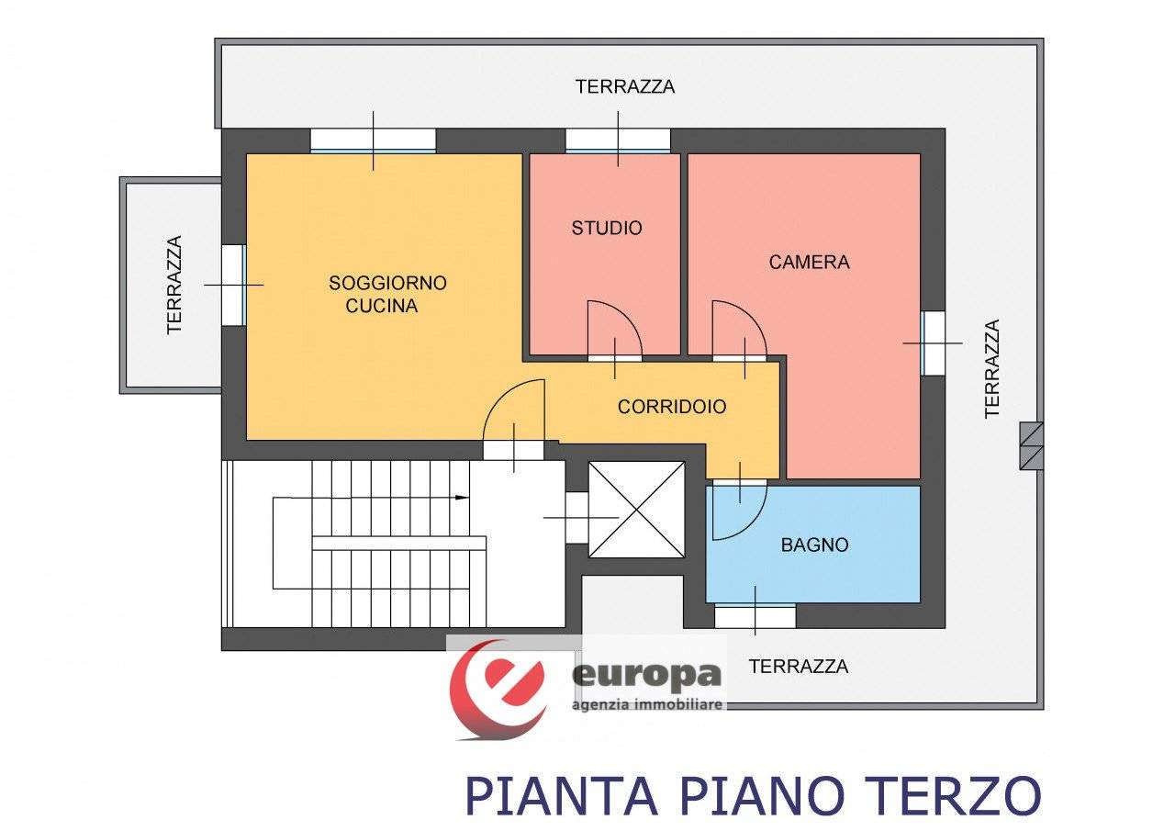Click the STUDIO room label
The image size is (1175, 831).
[x=607, y=228]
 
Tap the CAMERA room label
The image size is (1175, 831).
[x=809, y=262]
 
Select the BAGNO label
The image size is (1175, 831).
[x=814, y=545]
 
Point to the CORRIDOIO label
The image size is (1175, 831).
[x=672, y=406]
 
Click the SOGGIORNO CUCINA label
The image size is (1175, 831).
[x=387, y=294]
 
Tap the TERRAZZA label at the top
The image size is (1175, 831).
[x=625, y=86]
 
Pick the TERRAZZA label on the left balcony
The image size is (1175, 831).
[x=174, y=285]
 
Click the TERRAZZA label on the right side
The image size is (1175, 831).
[x=991, y=368]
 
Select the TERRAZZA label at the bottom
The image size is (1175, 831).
[x=799, y=667]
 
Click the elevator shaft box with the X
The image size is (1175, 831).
[x=636, y=510]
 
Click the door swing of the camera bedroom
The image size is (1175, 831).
[x=738, y=329]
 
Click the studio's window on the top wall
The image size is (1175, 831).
[x=618, y=140]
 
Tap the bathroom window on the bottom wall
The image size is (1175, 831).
[x=755, y=615]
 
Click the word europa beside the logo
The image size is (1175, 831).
[x=647, y=676]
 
